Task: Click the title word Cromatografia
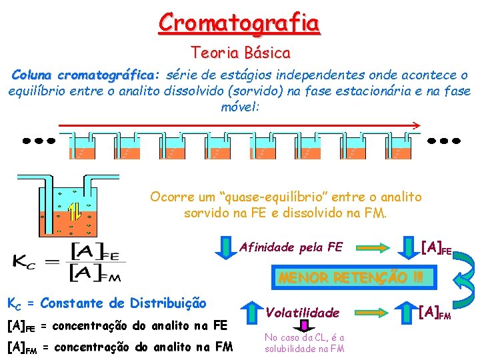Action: (239, 23)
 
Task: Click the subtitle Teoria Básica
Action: (240, 52)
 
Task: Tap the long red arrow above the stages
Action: (240, 125)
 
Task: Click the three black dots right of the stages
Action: (443, 141)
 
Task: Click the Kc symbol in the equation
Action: (26, 261)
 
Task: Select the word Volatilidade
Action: (303, 311)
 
